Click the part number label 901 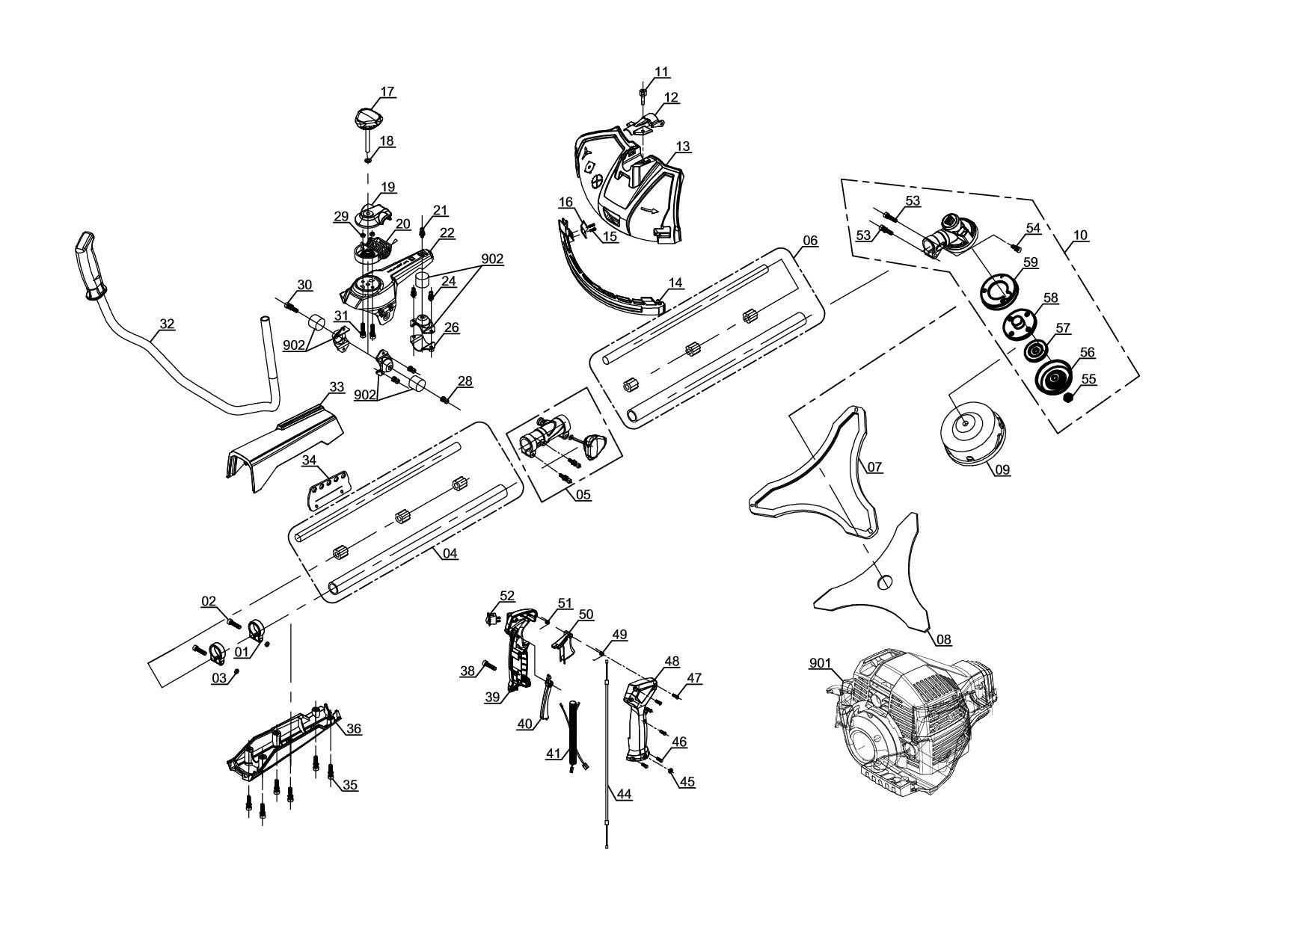pyautogui.click(x=820, y=662)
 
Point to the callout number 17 pyautogui.click(x=387, y=92)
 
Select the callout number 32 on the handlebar pyautogui.click(x=167, y=324)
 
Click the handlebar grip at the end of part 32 pyautogui.click(x=90, y=265)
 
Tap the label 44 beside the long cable pyautogui.click(x=624, y=794)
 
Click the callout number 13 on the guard pyautogui.click(x=683, y=147)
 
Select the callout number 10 pyautogui.click(x=1080, y=235)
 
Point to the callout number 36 pyautogui.click(x=353, y=729)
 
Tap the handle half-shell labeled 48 pyautogui.click(x=642, y=718)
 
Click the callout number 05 pyautogui.click(x=583, y=495)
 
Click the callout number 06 pyautogui.click(x=809, y=241)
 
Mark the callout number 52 pyautogui.click(x=507, y=596)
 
